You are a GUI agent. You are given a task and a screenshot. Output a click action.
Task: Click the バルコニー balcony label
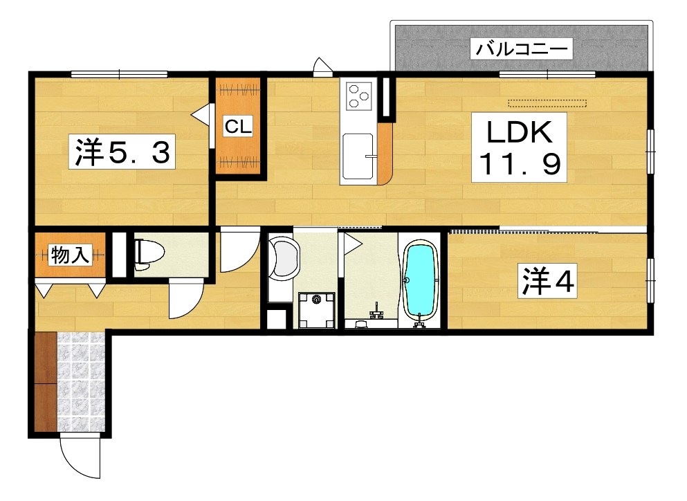pyautogui.click(x=522, y=50)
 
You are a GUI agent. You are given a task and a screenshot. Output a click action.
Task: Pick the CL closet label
pyautogui.click(x=238, y=127)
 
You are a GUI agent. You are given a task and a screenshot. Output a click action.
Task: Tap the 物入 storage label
pyautogui.click(x=70, y=256)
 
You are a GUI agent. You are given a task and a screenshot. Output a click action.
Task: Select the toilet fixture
pyautogui.click(x=145, y=255)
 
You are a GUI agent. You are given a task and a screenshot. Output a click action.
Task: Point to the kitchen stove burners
pyautogui.click(x=359, y=95)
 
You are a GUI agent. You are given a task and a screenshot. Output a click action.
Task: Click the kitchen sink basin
pyautogui.click(x=358, y=155)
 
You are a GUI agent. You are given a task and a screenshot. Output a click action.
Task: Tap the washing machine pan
pyautogui.click(x=318, y=309)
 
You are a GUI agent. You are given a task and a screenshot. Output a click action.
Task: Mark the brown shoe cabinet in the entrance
pyautogui.click(x=45, y=382)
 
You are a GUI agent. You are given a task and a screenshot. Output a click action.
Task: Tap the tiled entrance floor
pyautogui.click(x=82, y=382)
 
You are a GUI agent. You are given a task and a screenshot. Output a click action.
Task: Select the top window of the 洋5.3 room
pyautogui.click(x=119, y=74)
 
